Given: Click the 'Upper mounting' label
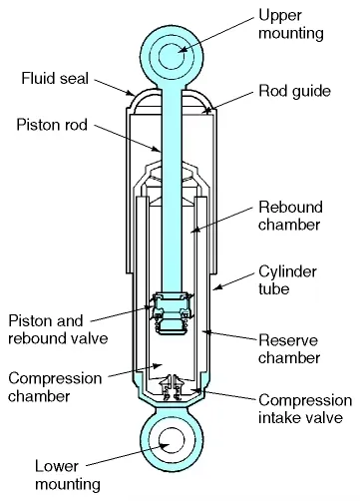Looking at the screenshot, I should tap(291, 25).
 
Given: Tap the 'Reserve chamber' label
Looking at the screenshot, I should tap(289, 348).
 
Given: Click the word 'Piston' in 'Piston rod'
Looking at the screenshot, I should tap(36, 126).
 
